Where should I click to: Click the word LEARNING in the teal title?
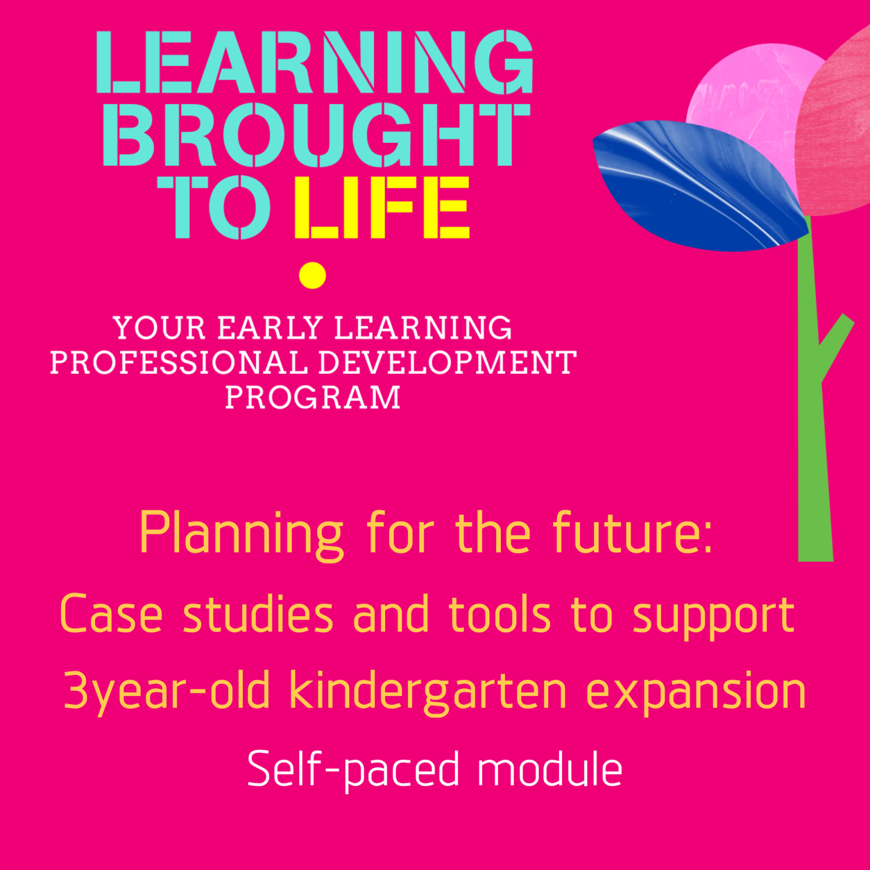(315, 62)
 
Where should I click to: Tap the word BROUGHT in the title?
(316, 135)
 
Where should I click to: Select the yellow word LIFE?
(382, 207)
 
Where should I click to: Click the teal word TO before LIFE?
(214, 207)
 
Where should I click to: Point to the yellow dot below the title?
(313, 276)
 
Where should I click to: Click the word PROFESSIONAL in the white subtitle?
(179, 362)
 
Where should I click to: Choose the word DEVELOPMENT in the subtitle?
(447, 362)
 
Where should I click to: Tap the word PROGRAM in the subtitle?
(313, 397)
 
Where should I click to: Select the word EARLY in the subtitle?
(271, 328)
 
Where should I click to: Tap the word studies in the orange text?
(258, 615)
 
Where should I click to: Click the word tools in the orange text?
(500, 615)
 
